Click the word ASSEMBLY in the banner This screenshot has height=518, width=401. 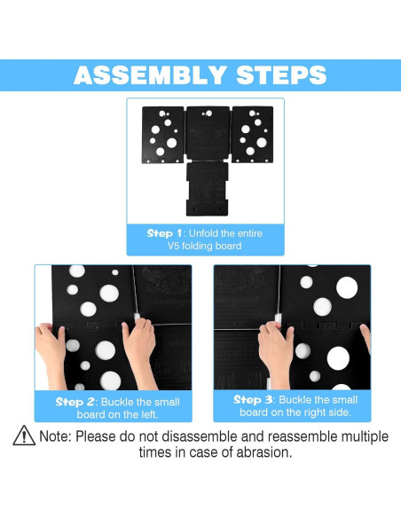tap(150, 75)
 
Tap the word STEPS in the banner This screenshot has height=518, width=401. tap(282, 75)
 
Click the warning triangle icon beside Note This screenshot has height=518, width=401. tap(24, 436)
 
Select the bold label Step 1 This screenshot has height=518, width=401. tap(164, 233)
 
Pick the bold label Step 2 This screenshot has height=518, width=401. tap(75, 402)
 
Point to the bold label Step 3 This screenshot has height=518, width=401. tap(253, 400)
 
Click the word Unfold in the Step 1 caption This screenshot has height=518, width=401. tap(203, 233)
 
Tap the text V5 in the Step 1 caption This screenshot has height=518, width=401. tap(173, 246)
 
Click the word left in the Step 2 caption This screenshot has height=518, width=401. tap(149, 414)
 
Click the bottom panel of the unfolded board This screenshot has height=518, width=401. tap(207, 189)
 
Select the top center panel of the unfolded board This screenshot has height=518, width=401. tap(208, 133)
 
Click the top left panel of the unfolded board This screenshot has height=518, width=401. tap(163, 135)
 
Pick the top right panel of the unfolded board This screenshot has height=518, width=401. tap(253, 135)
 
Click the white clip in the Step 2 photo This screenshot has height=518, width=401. tap(137, 318)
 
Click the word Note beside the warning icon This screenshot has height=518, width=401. tap(55, 436)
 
